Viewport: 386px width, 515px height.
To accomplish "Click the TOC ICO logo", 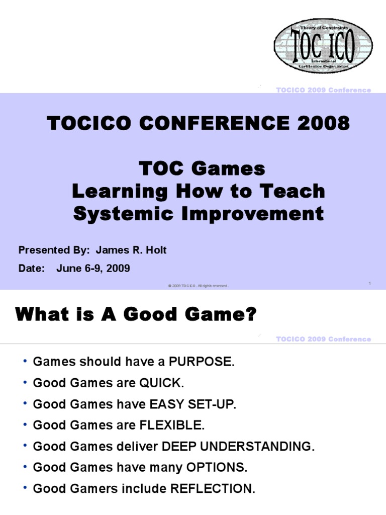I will point(323,46).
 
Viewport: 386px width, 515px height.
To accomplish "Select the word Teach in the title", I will point(297,192).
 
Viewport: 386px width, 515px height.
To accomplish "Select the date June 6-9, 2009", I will point(93,269).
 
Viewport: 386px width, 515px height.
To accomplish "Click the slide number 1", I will point(369,284).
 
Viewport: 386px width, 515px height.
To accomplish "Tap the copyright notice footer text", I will point(198,286).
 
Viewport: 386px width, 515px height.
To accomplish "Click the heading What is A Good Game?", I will point(136,315).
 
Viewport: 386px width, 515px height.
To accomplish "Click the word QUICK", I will point(163,383).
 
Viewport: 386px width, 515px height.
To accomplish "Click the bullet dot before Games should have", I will point(25,362).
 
